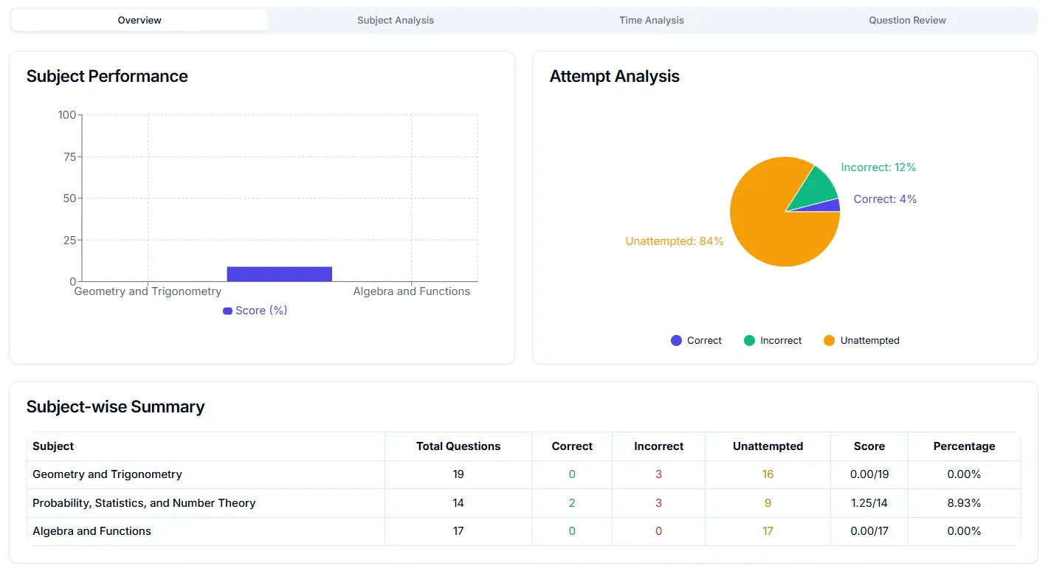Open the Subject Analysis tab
[x=395, y=21]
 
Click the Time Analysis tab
[x=651, y=21]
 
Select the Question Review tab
[x=907, y=21]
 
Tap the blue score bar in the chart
[x=279, y=274]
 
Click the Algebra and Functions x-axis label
[x=411, y=291]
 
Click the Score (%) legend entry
[x=255, y=311]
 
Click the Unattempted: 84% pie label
[x=674, y=241]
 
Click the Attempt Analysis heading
[x=614, y=77]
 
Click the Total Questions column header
[x=458, y=446]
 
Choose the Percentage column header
[x=964, y=446]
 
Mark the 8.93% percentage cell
[x=964, y=503]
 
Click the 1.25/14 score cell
[x=869, y=503]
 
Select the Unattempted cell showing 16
[x=768, y=474]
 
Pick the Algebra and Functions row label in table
[x=92, y=531]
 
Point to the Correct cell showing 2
[x=572, y=503]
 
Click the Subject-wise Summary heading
[x=115, y=407]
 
